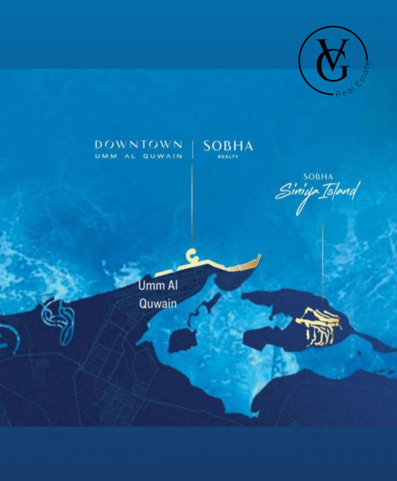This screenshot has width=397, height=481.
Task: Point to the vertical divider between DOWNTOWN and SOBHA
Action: click(x=192, y=148)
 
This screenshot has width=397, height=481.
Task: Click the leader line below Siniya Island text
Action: click(x=323, y=261)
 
